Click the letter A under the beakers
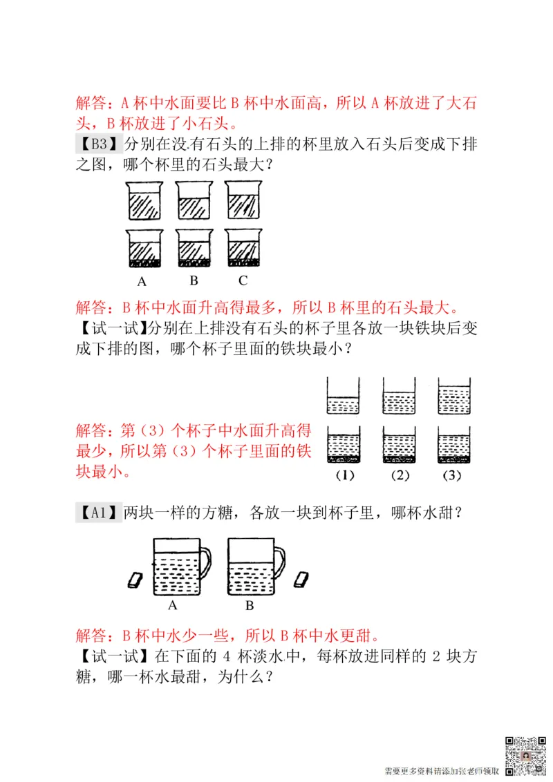142,281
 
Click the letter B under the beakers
194,280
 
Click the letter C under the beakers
243,280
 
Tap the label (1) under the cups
344,475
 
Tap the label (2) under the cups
400,475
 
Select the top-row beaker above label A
144,200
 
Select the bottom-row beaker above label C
243,248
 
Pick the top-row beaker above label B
194,200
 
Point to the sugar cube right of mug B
302,579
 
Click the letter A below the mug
173,606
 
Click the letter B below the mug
250,606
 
